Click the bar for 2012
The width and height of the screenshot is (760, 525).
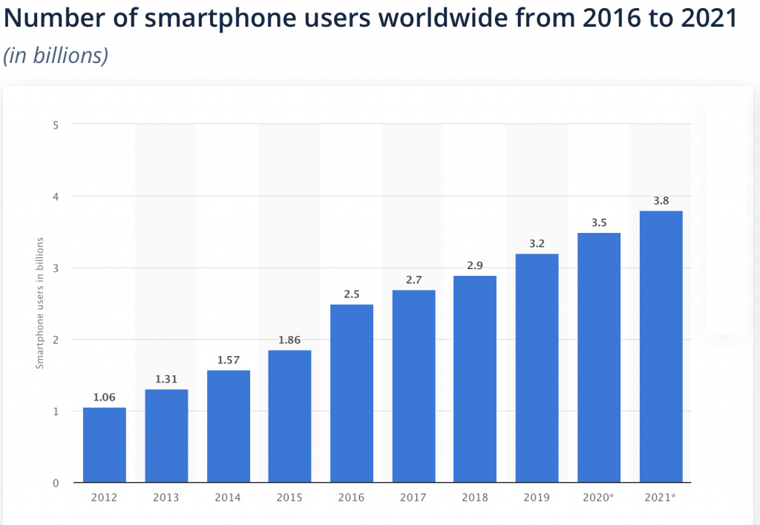point(104,445)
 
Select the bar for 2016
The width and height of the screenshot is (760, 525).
point(352,393)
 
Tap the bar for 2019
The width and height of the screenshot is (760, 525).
point(537,368)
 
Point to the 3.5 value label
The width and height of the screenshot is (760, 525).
point(599,222)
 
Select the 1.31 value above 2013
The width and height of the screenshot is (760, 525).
point(166,378)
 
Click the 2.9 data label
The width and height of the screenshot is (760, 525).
point(475,265)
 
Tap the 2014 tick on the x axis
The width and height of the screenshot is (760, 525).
point(228,498)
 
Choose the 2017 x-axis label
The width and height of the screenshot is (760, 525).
point(413,498)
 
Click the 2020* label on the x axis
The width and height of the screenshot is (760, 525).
point(599,498)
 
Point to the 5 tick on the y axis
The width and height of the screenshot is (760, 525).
point(56,125)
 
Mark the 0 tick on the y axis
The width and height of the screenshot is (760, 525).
point(56,483)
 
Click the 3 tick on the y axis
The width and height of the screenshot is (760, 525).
point(56,268)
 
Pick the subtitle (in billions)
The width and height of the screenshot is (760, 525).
point(56,56)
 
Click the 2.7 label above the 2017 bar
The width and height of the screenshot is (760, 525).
point(413,279)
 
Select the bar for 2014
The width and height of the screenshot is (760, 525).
point(228,426)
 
